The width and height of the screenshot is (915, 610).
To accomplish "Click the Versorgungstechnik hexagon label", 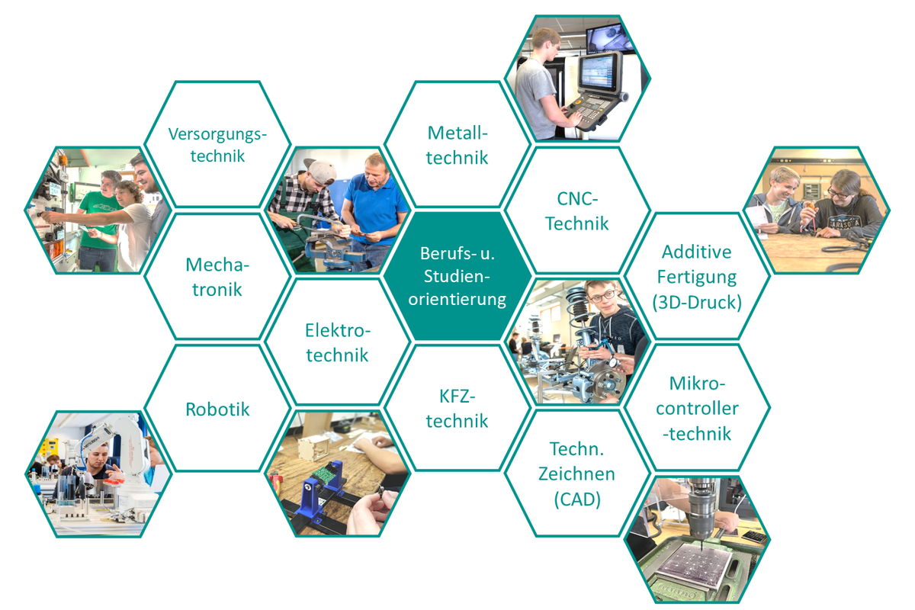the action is coord(217,145).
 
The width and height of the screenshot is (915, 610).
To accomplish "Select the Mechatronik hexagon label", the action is coord(217,277).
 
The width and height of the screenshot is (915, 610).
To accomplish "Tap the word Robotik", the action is coord(217,409).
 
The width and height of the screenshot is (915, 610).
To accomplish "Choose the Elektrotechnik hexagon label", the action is coord(337,342).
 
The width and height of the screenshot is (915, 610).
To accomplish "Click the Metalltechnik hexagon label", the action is coord(457,145).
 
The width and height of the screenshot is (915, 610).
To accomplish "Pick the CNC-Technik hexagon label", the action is coord(577,211).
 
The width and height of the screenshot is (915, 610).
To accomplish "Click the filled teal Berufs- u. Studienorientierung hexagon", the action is coord(457,276).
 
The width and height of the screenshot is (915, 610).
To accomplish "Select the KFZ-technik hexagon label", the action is coord(457,409).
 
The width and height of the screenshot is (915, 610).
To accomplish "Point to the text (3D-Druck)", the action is coord(697,303).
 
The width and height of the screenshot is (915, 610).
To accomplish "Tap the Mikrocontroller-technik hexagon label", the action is coord(697,409).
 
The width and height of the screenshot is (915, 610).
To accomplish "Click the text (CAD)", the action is coord(577,499).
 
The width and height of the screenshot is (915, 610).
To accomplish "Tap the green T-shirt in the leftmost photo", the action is coord(100,220).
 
